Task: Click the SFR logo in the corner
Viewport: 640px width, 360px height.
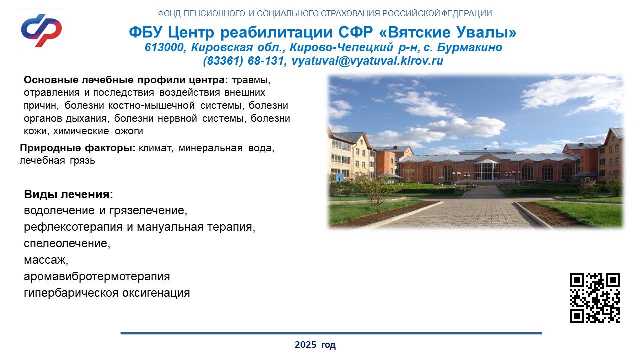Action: (x=41, y=30)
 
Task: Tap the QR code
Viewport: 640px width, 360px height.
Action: (x=595, y=298)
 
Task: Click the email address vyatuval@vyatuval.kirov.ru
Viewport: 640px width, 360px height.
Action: (x=367, y=61)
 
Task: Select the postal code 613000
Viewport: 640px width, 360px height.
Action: (x=164, y=47)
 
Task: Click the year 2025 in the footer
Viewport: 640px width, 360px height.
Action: (x=305, y=345)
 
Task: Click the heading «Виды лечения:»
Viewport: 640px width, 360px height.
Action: (x=68, y=194)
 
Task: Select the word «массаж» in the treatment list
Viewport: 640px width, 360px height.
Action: (x=45, y=260)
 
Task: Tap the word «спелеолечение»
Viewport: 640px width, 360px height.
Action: (x=66, y=243)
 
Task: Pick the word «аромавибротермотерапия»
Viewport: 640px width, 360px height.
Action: (x=97, y=276)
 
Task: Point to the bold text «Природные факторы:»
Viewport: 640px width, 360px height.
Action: (x=78, y=148)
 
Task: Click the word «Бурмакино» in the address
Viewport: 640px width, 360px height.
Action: (x=470, y=47)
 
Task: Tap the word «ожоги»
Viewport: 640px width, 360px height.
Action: (x=129, y=131)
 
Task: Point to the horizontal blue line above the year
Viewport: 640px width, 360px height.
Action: (x=331, y=333)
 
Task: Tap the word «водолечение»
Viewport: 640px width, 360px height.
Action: (x=59, y=210)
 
